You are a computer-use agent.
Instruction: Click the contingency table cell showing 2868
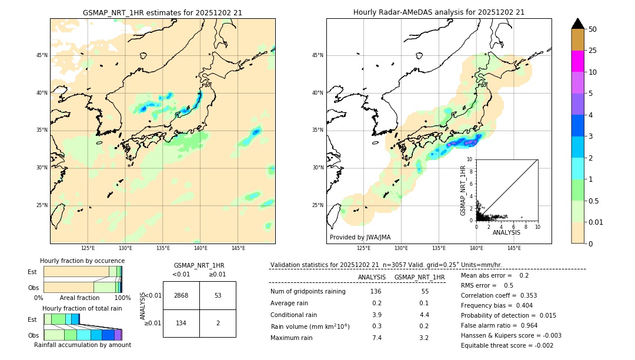[x=181, y=295]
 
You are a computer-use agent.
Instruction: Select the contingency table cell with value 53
[x=218, y=295]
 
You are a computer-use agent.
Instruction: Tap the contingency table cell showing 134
[x=181, y=323]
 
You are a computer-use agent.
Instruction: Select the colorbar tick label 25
[x=593, y=51]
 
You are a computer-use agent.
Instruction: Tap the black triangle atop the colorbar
[x=578, y=24]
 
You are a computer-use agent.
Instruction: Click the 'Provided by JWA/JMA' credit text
[x=360, y=238]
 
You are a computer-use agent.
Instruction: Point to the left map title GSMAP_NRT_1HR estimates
[x=162, y=12]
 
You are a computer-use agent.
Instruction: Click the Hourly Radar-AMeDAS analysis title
[x=439, y=12]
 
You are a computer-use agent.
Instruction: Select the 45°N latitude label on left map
[x=42, y=55]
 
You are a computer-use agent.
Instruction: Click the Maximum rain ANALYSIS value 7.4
[x=377, y=338]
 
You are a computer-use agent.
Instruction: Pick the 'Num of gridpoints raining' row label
[x=308, y=292]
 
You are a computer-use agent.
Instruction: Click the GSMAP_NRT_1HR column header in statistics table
[x=419, y=277]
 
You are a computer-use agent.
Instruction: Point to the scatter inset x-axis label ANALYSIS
[x=506, y=232]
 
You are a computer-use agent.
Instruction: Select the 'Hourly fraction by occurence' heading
[x=82, y=261]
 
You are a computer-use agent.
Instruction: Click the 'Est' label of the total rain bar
[x=32, y=319]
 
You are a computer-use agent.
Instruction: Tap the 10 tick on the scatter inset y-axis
[x=470, y=159]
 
